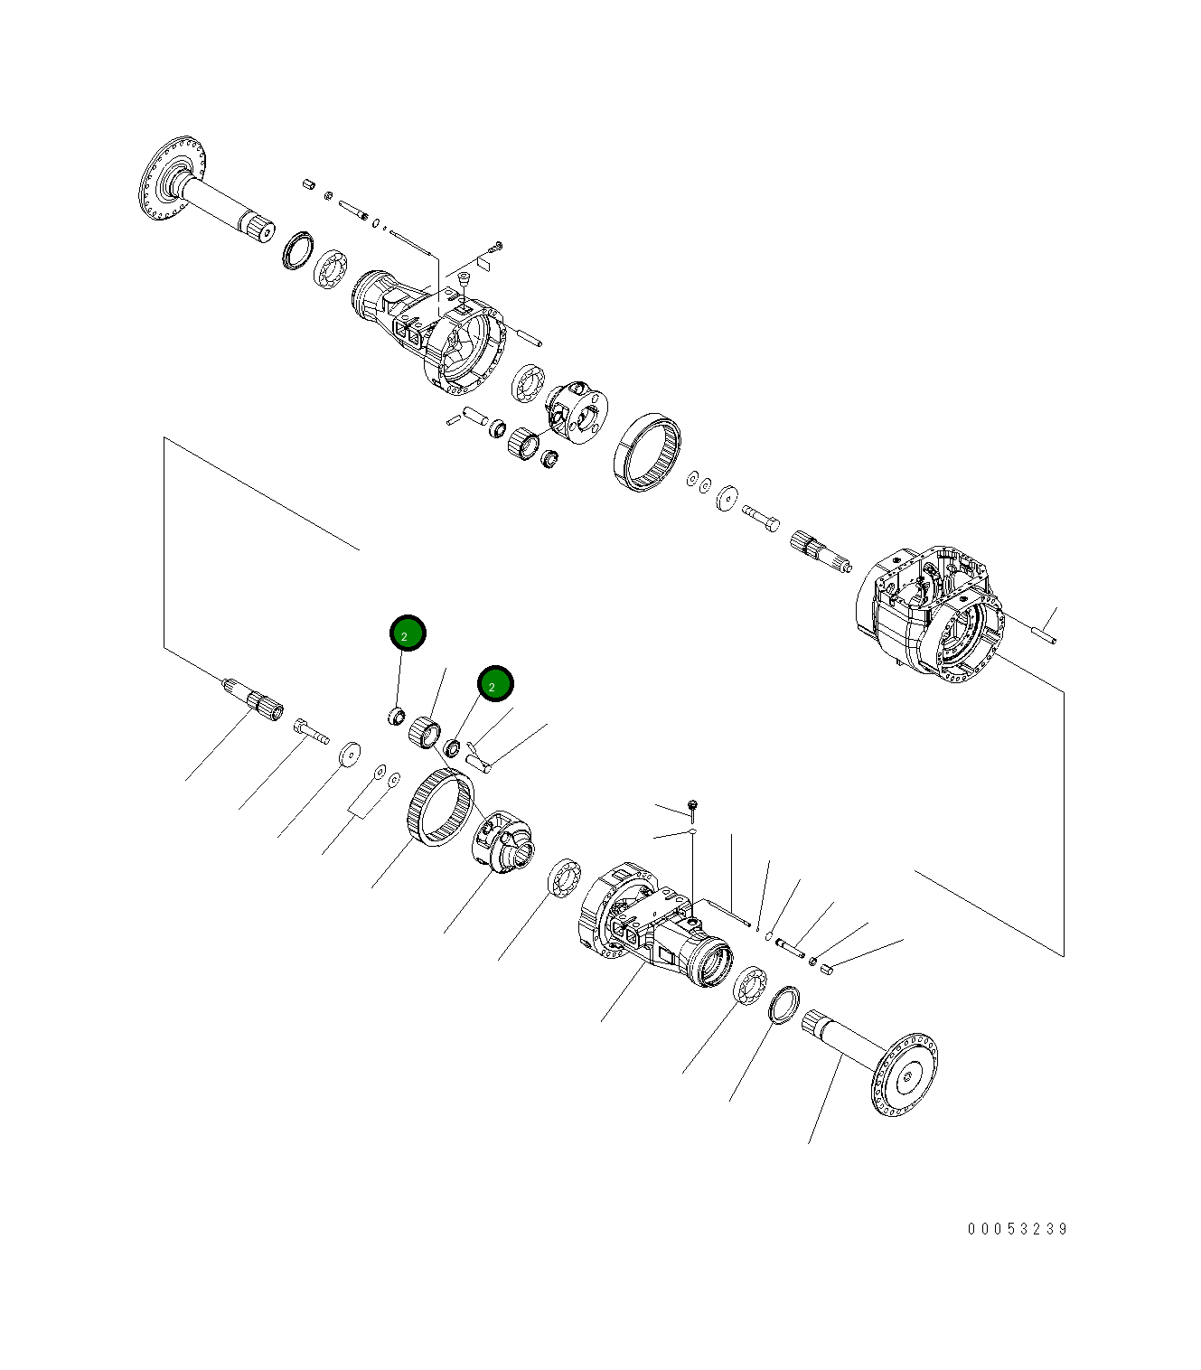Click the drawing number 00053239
pyautogui.click(x=1018, y=1229)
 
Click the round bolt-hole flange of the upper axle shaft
pyautogui.click(x=174, y=178)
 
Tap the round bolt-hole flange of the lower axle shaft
pyautogui.click(x=905, y=1074)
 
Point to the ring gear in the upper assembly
pyautogui.click(x=647, y=452)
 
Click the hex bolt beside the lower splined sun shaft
pyautogui.click(x=310, y=730)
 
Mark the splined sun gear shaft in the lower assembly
pyautogui.click(x=254, y=699)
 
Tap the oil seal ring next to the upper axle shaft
pyautogui.click(x=297, y=249)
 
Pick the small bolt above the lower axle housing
pyautogui.click(x=692, y=803)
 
